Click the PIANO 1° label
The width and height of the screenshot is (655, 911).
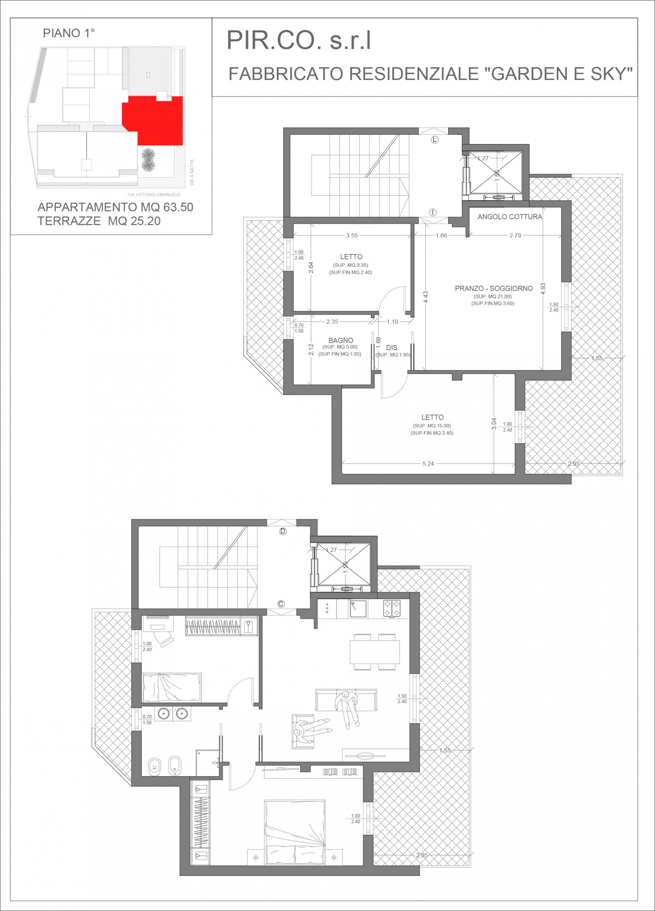[x=69, y=33]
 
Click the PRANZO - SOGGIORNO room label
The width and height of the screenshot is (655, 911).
[x=493, y=288]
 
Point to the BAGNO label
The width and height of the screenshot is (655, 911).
[x=341, y=340]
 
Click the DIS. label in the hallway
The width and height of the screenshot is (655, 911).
[x=392, y=348]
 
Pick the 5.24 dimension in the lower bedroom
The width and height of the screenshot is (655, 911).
[x=428, y=464]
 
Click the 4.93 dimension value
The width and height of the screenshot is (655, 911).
[x=543, y=289]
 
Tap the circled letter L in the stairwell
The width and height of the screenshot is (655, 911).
[x=435, y=140]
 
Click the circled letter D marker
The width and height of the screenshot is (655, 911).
[x=283, y=531]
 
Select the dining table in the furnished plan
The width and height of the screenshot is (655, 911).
[x=374, y=652]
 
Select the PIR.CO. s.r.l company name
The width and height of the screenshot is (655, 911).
[x=299, y=41]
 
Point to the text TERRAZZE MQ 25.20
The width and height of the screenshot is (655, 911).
[x=99, y=221]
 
